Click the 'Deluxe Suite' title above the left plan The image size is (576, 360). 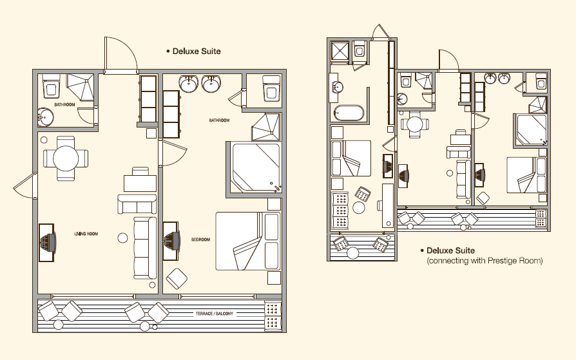197,51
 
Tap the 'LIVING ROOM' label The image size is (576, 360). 86,234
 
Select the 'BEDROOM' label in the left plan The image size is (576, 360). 200,240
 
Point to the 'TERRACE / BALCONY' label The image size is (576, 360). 214,314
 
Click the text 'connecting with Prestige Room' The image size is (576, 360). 485,260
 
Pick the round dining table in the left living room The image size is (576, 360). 66,158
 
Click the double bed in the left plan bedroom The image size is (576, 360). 248,241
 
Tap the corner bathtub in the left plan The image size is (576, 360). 256,167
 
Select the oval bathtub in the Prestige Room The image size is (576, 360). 349,113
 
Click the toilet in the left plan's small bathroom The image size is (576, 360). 52,86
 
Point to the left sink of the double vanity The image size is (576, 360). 189,84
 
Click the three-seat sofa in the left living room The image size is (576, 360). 144,248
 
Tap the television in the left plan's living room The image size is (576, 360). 47,242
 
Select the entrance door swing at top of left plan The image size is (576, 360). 121,53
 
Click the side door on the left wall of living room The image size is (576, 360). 25,185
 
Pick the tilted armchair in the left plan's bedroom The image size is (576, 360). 177,279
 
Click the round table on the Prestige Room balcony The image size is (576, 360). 352,253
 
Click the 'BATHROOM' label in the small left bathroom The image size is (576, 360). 64,105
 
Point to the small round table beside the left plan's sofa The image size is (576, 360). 122,238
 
